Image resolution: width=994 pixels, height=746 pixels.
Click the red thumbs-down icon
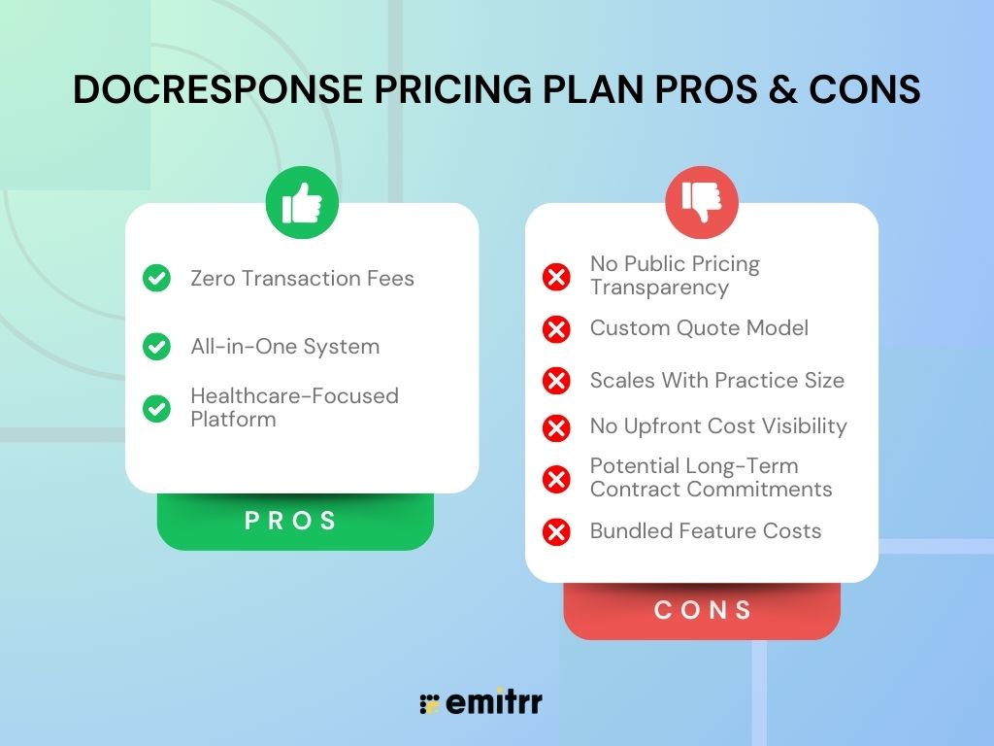pos(702,202)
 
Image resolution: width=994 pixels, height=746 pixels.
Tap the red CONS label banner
pos(702,611)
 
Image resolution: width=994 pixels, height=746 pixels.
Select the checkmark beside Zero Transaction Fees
pos(156,279)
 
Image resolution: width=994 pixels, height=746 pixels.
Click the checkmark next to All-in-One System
pos(156,347)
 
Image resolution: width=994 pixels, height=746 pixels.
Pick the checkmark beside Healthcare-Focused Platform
pos(156,408)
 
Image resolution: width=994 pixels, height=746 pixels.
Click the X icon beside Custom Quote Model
pos(556,329)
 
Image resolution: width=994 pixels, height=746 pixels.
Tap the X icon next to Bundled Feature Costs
pos(556,532)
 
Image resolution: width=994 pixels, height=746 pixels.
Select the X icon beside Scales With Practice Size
pos(556,381)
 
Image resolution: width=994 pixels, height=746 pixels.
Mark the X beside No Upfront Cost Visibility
pos(556,427)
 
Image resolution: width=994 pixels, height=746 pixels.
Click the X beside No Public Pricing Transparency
pos(556,277)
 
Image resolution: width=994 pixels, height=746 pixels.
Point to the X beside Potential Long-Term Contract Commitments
pos(556,479)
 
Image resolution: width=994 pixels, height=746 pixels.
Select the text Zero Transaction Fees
pos(302,279)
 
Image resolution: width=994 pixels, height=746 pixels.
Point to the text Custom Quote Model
pos(699,328)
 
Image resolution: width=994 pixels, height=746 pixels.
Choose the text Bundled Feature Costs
pos(706,531)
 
